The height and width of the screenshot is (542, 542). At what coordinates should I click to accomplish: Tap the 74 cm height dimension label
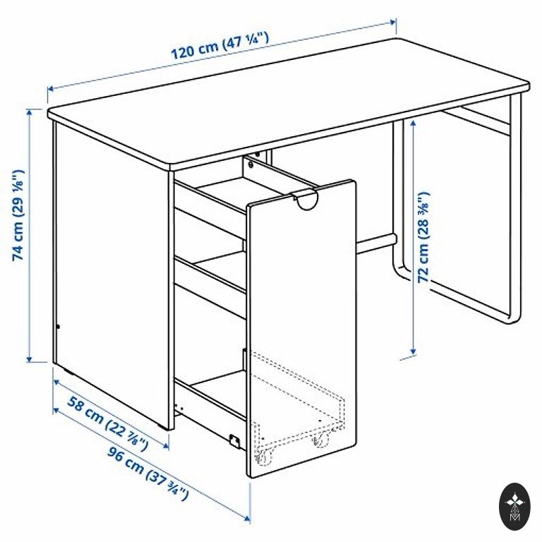pos(18,215)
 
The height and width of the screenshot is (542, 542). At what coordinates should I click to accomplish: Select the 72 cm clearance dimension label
pos(423,237)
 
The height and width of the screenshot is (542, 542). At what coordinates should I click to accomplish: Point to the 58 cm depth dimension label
pos(107,423)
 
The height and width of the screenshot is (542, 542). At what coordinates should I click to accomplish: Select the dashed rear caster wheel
pos(322,439)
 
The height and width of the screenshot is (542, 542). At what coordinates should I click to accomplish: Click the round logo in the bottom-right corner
pos(514,507)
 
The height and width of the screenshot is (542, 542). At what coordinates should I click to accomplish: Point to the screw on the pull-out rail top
pos(251,165)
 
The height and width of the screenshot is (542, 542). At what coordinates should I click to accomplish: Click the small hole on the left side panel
pos(58,327)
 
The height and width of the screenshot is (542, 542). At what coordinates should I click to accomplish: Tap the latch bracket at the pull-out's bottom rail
pos(234,440)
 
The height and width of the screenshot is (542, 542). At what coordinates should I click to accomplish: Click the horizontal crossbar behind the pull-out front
pos(376,243)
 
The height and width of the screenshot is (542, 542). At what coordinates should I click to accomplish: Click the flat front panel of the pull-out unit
pos(301,328)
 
